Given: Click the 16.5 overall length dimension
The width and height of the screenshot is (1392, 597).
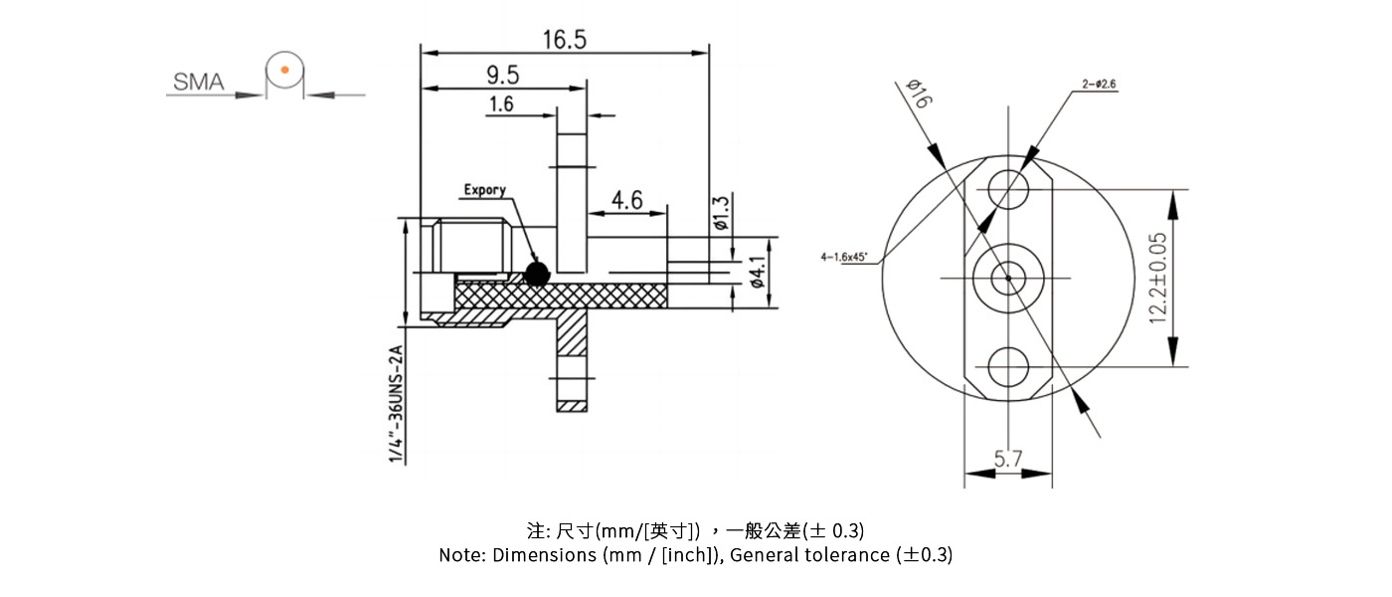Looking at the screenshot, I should (x=564, y=39).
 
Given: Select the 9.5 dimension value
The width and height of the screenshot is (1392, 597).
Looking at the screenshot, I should (x=502, y=76).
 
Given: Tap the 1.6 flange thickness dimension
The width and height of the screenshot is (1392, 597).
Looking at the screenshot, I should (x=501, y=104).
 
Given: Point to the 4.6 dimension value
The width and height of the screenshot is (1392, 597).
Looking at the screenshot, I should (x=626, y=201).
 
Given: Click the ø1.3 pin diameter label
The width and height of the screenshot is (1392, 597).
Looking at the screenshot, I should (x=721, y=213).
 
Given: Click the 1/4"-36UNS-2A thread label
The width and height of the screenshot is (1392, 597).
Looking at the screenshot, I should (x=396, y=403).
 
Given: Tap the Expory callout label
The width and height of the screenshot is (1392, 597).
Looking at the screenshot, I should (x=484, y=189).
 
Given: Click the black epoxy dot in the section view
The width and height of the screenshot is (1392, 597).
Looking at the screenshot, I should (x=537, y=274).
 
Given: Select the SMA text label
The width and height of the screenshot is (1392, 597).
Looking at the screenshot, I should (x=199, y=83).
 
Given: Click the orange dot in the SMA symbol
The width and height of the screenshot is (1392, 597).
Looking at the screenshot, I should (x=284, y=70).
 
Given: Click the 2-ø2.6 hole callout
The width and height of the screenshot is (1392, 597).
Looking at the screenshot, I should (x=1099, y=85).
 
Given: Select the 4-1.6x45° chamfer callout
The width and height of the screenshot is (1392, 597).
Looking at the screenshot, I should (x=844, y=257).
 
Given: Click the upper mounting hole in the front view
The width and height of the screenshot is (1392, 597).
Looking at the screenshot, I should (x=1008, y=187).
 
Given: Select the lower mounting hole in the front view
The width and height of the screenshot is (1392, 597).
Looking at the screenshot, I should (x=1008, y=366).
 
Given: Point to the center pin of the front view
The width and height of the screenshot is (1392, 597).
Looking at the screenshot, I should (x=1008, y=278).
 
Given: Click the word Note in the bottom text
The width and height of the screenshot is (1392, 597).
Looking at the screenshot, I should (x=462, y=555).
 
